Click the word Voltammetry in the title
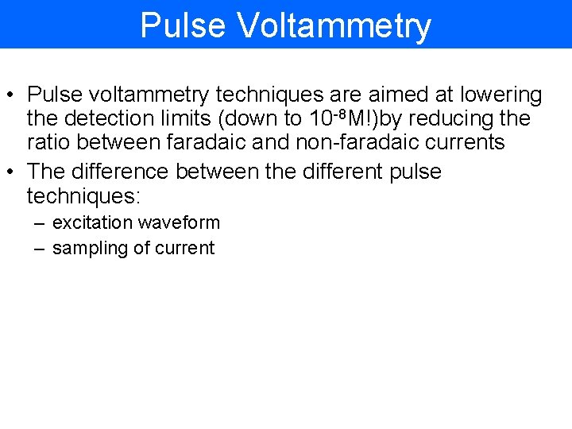pos(334,25)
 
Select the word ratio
pos(49,142)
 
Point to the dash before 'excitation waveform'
pos(39,223)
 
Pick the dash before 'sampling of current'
pos(39,248)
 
